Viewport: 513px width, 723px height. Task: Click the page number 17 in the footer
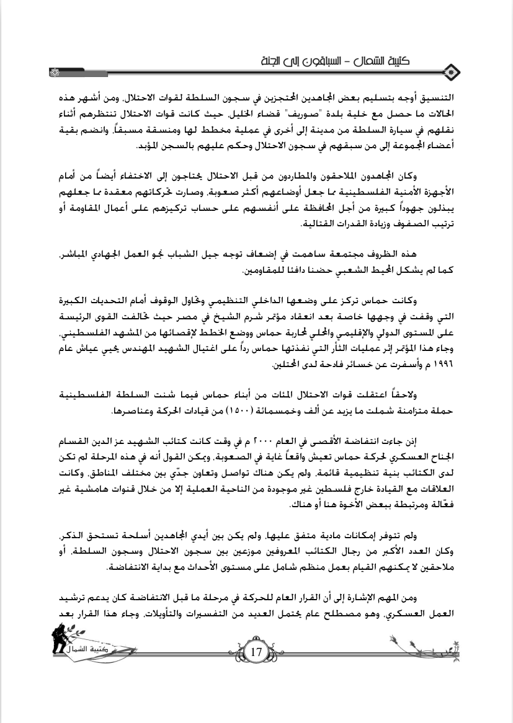point(256,653)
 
